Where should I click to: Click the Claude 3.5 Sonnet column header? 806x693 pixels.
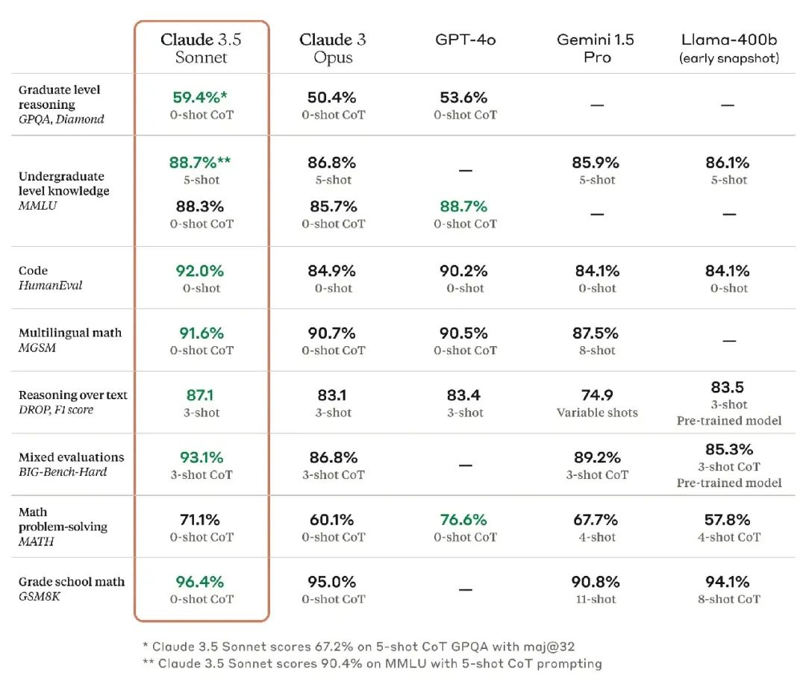(201, 48)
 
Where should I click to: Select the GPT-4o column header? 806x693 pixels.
(465, 40)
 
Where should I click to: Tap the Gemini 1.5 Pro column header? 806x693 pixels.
(596, 48)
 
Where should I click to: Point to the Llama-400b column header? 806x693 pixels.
(729, 48)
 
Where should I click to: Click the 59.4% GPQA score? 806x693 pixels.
(199, 97)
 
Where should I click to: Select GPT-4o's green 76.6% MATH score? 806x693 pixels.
(463, 519)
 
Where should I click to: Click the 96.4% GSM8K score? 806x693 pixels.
(199, 581)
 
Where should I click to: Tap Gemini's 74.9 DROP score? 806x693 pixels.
(596, 395)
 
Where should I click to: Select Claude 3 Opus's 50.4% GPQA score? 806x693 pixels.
(333, 97)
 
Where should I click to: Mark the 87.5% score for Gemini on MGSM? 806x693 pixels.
(596, 333)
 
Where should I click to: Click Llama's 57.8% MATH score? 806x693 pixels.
(728, 519)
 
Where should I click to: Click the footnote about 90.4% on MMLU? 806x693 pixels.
(372, 663)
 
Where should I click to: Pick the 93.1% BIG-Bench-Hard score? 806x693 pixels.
(201, 457)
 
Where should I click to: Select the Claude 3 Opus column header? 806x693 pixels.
(333, 48)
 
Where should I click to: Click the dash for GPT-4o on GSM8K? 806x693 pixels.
(465, 589)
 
